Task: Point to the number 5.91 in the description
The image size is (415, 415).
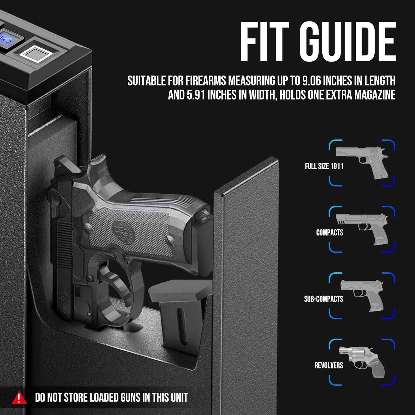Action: pyautogui.click(x=196, y=95)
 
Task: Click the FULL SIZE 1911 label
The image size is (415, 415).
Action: pyautogui.click(x=324, y=166)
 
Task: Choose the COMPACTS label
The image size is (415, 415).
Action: pyautogui.click(x=330, y=233)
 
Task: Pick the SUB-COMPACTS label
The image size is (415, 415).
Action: pyautogui.click(x=323, y=299)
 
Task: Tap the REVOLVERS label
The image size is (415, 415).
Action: pyautogui.click(x=329, y=365)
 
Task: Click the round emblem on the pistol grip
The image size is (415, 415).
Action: pyautogui.click(x=123, y=229)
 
